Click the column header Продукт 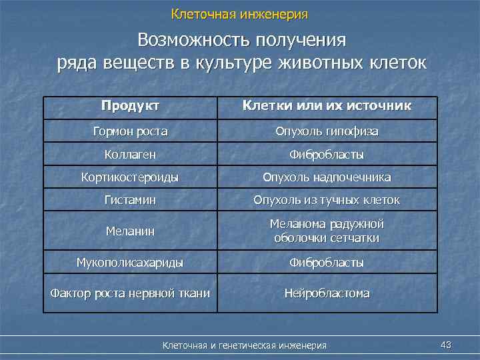click(130, 106)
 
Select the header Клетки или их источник click(327, 106)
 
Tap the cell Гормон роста click(130, 131)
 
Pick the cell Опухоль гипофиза click(327, 131)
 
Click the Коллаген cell click(130, 155)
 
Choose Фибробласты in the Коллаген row click(327, 155)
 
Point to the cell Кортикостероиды click(130, 177)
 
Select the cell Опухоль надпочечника click(327, 177)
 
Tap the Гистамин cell click(130, 199)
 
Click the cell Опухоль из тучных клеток click(327, 199)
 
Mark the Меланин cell click(130, 231)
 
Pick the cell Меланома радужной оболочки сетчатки click(327, 231)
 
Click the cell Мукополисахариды click(130, 263)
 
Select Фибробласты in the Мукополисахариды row click(327, 263)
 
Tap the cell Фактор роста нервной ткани click(130, 293)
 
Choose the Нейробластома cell click(327, 293)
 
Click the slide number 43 click(446, 344)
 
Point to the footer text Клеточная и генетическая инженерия click(245, 345)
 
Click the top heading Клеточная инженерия click(239, 13)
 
